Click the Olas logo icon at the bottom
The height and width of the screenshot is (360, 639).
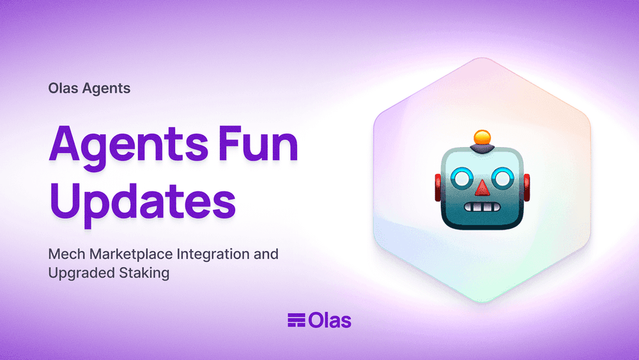[296, 320]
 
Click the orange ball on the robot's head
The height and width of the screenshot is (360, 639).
[482, 137]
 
